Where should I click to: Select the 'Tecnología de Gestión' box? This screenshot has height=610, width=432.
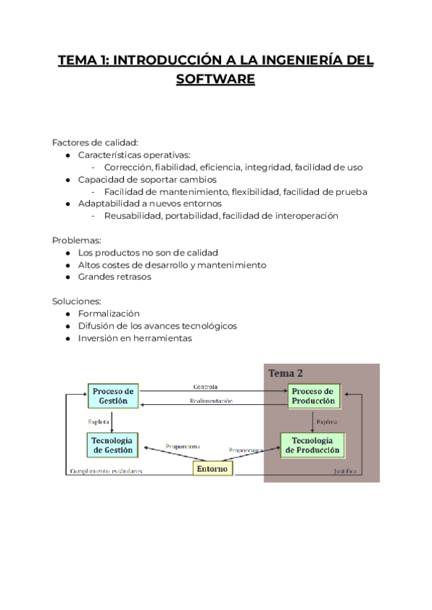click(x=113, y=445)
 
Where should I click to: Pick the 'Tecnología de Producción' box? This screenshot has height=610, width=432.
click(x=312, y=445)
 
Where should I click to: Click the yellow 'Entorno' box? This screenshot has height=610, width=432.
click(x=214, y=468)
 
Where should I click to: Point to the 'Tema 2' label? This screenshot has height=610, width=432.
click(x=286, y=373)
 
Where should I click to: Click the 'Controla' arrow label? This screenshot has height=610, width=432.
click(x=205, y=387)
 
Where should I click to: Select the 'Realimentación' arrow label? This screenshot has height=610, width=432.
click(x=210, y=401)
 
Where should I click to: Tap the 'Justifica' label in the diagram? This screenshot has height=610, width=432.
click(x=345, y=472)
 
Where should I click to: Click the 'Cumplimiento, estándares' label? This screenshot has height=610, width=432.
click(x=105, y=472)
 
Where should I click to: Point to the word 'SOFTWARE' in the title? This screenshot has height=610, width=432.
click(x=215, y=78)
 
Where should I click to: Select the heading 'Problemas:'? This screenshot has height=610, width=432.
click(x=76, y=240)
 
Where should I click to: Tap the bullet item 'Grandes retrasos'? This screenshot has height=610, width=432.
click(x=114, y=277)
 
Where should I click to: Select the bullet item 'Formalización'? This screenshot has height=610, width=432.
click(x=109, y=314)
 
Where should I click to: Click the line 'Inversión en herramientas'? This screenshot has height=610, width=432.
click(x=135, y=338)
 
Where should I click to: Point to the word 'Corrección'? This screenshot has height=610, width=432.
click(x=127, y=167)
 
